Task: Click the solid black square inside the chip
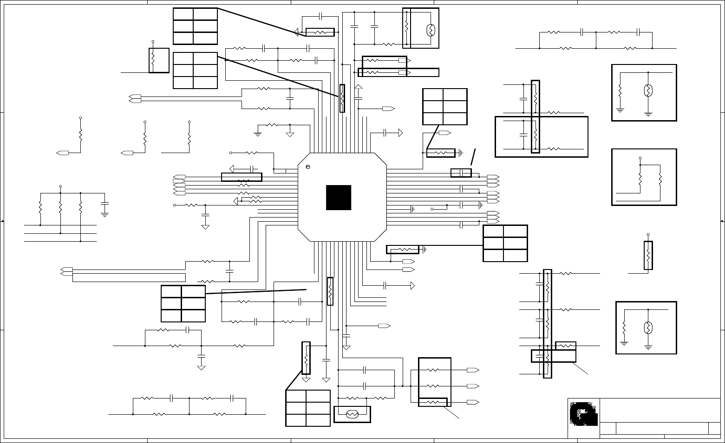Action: [338, 198]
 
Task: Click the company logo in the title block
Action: [583, 414]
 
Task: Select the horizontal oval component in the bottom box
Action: [352, 414]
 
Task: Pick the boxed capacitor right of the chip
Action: [461, 173]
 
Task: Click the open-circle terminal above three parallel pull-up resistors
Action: [60, 186]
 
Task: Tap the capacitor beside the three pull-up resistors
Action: [105, 204]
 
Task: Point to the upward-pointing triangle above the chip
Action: [358, 86]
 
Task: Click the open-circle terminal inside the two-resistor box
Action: [640, 158]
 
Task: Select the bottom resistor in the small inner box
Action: [432, 402]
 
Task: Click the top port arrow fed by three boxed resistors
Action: [473, 370]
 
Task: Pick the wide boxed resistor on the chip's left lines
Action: [242, 177]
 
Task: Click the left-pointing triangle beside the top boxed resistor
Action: [296, 32]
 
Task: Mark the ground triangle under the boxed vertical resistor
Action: [306, 379]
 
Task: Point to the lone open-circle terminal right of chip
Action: [432, 209]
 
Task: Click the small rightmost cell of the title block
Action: [714, 429]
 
